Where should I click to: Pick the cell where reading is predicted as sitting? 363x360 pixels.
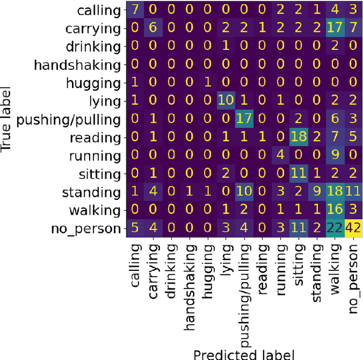[x=298, y=138]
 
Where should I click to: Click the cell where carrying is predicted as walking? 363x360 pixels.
[x=335, y=28]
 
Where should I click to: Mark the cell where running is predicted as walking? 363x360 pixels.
[x=335, y=156]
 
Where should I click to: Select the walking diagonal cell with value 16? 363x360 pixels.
[x=335, y=211]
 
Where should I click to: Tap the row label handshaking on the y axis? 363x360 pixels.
[x=77, y=65]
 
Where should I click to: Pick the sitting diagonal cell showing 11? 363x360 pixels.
[x=298, y=174]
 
